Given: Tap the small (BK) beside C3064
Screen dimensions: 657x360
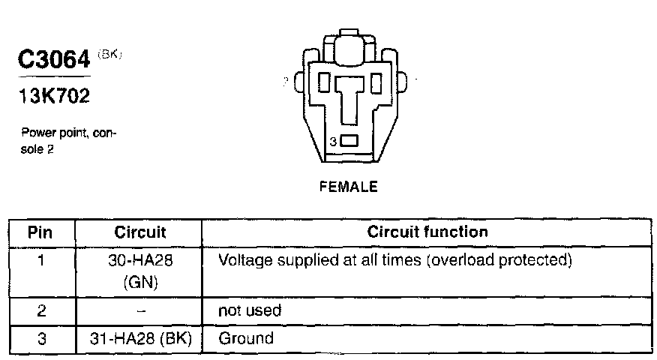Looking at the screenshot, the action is click(109, 54).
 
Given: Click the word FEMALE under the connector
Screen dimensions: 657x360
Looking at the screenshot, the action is click(348, 187).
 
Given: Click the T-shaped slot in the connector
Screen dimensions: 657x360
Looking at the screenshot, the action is click(349, 97).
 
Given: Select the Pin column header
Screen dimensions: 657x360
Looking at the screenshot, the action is click(41, 232).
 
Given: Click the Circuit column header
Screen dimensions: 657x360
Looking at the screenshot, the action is click(140, 232).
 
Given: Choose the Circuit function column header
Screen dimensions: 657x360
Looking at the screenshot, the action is click(427, 232).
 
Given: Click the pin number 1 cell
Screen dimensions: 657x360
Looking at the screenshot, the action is click(41, 261).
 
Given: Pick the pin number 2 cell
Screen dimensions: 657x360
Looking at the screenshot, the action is click(41, 310).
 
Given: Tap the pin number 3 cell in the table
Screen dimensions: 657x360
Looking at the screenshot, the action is click(41, 338).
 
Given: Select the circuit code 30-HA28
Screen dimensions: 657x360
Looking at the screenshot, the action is click(140, 261).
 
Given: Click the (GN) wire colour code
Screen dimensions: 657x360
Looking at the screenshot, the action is click(140, 282).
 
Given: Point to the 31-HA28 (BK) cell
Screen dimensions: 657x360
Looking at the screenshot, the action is click(140, 338).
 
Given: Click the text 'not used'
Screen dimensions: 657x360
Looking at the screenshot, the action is click(249, 310).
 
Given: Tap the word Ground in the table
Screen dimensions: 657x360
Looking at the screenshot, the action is click(246, 338).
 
